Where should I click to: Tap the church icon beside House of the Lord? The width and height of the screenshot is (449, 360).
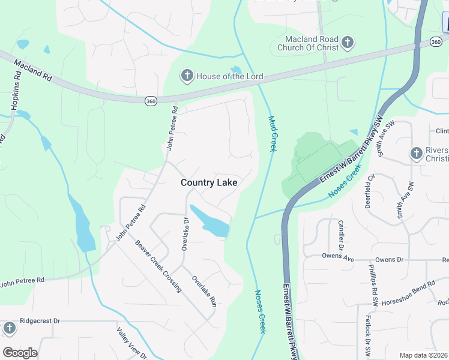pyautogui.click(x=187, y=76)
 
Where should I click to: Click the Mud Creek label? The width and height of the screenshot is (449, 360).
pyautogui.click(x=272, y=134)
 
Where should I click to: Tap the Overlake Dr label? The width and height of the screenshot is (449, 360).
pyautogui.click(x=185, y=233)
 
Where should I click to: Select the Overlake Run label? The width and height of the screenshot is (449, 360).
pyautogui.click(x=203, y=291)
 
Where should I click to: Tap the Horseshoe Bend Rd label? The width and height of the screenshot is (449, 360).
pyautogui.click(x=408, y=292)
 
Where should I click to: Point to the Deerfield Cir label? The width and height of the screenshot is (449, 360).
pyautogui.click(x=370, y=191)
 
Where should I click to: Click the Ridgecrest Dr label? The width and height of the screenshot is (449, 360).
pyautogui.click(x=40, y=321)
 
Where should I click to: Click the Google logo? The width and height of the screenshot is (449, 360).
pyautogui.click(x=20, y=353)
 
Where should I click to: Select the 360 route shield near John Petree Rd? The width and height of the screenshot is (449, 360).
pyautogui.click(x=151, y=101)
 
